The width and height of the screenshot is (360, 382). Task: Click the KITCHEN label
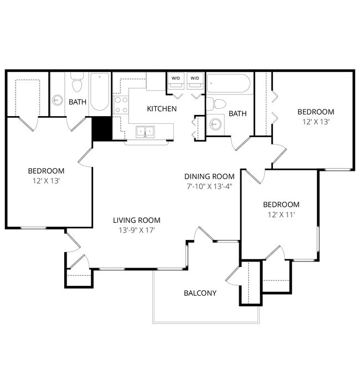pyautogui.click(x=162, y=108)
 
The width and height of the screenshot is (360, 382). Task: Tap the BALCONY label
pyautogui.click(x=200, y=293)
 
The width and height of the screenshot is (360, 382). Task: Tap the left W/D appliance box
pyautogui.click(x=176, y=79)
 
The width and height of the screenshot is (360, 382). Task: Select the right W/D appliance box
pyautogui.click(x=194, y=79)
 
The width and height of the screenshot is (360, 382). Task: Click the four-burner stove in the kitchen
pyautogui.click(x=121, y=105)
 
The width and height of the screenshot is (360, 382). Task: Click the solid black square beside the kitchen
pyautogui.click(x=102, y=129)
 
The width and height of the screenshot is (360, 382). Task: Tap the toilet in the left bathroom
pyautogui.click(x=77, y=84)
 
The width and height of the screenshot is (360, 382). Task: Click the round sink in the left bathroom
pyautogui.click(x=58, y=101)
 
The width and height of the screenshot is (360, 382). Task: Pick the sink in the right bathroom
pyautogui.click(x=215, y=124)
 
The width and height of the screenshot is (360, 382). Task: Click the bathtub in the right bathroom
pyautogui.click(x=228, y=84)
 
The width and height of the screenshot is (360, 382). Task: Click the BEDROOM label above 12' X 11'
pyautogui.click(x=281, y=204)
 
